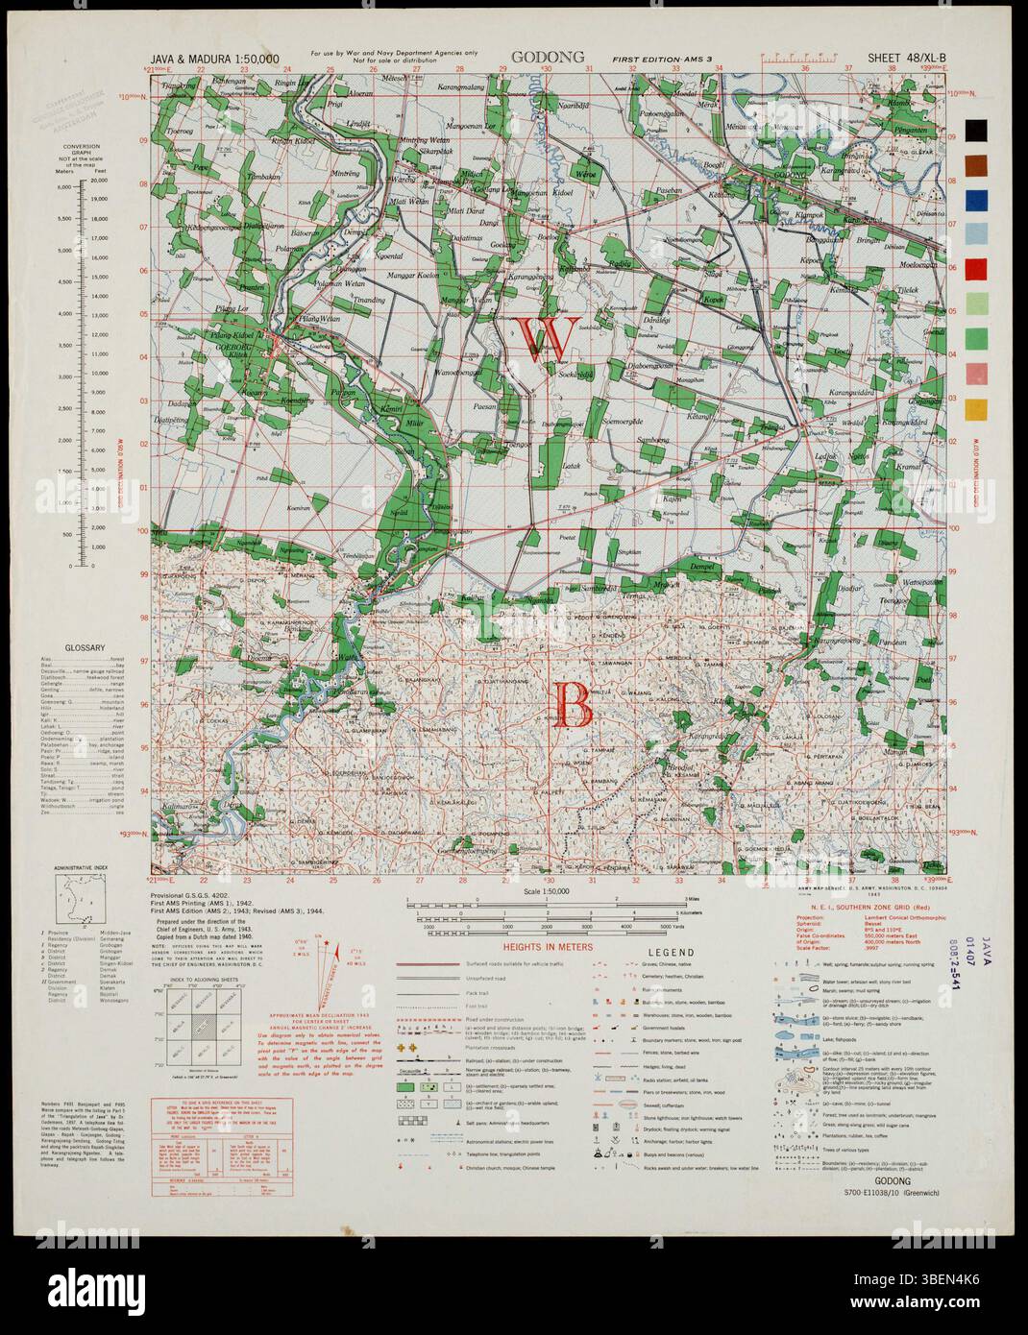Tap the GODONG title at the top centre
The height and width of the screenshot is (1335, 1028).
[548, 57]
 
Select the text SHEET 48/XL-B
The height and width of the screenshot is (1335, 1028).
[907, 58]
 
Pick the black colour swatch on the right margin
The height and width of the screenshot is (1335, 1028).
[975, 130]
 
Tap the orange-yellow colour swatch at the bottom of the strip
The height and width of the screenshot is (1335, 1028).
[975, 408]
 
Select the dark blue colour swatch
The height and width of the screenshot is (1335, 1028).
[975, 199]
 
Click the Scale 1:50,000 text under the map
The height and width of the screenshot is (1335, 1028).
[548, 893]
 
